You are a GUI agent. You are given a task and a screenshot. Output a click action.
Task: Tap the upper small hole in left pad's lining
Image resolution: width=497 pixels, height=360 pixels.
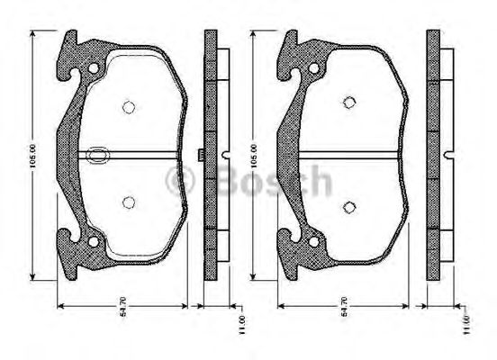128,107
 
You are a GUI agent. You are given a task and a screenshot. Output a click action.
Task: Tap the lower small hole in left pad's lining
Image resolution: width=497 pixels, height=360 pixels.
128,202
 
